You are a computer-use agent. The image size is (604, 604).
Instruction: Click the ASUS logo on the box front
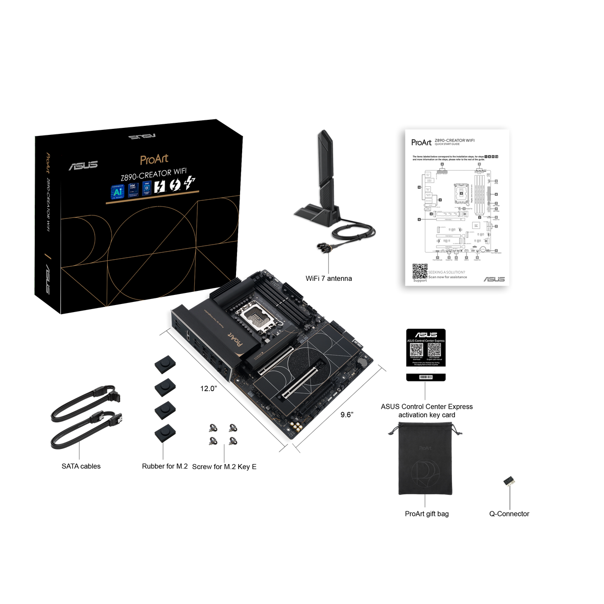coord(83,165)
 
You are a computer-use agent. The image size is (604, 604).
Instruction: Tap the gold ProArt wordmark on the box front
coord(154,160)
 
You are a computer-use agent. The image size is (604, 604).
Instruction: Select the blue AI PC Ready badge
coord(117,191)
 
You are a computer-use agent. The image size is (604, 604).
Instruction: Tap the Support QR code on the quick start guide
coord(420,271)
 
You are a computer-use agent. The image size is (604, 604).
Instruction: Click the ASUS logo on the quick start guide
coord(494,279)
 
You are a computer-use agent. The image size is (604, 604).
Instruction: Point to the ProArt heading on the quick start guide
coord(421,142)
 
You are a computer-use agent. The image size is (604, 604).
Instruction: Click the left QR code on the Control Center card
coord(416,350)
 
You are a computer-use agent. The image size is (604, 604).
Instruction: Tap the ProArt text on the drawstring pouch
coord(424,447)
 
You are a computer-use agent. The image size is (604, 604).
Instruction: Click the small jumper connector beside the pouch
coord(509,482)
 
